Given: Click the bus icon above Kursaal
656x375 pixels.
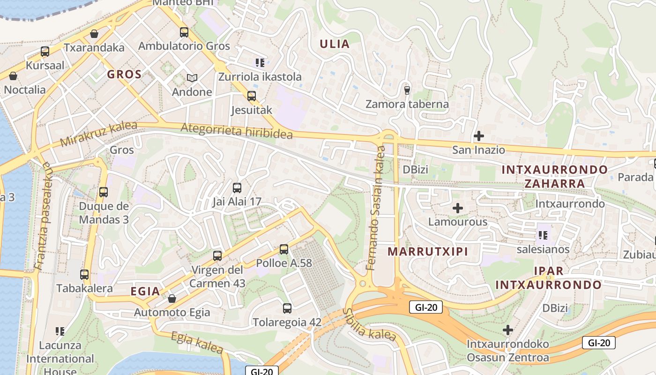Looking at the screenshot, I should pyautogui.click(x=45, y=52).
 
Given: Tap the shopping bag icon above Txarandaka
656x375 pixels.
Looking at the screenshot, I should pyautogui.click(x=94, y=34).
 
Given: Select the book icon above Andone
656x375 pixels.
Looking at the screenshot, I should pyautogui.click(x=192, y=78).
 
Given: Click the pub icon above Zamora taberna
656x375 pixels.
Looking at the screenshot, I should pyautogui.click(x=407, y=90).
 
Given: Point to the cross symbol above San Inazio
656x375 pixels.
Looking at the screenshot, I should pyautogui.click(x=478, y=136).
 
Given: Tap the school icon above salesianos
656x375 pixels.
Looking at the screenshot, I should pyautogui.click(x=543, y=235).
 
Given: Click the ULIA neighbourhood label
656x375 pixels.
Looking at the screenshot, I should pyautogui.click(x=335, y=44).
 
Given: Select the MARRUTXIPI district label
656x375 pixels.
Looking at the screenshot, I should pyautogui.click(x=428, y=251).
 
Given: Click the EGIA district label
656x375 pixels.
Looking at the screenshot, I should pyautogui.click(x=145, y=291).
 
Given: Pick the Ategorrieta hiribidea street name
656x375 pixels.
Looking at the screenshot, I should pyautogui.click(x=237, y=131).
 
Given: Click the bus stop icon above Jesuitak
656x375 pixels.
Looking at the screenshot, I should pyautogui.click(x=252, y=96).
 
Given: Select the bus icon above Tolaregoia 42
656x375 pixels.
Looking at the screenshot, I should pyautogui.click(x=287, y=308).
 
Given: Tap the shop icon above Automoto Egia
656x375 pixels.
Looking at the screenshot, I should pyautogui.click(x=172, y=299).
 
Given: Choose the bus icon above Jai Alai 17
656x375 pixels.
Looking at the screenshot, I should pyautogui.click(x=237, y=188).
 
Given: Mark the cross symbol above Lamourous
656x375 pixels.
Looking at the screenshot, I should pyautogui.click(x=458, y=208).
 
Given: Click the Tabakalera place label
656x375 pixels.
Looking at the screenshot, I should pyautogui.click(x=84, y=288).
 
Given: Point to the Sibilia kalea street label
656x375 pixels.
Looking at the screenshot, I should pyautogui.click(x=370, y=324).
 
